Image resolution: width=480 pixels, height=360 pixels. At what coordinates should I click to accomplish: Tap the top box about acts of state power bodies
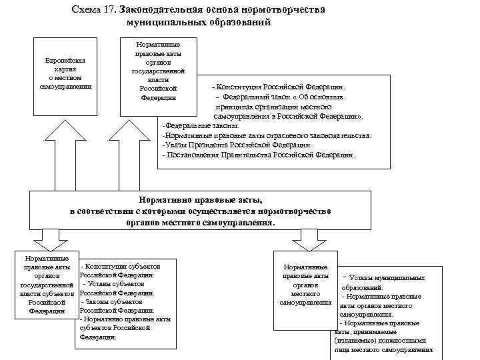tap(158, 71)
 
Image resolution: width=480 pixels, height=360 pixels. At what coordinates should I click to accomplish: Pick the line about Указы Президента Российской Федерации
tap(237, 145)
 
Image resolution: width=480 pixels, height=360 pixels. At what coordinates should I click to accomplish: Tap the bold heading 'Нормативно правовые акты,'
tap(200, 199)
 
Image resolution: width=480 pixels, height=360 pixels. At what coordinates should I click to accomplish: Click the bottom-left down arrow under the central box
tap(51, 237)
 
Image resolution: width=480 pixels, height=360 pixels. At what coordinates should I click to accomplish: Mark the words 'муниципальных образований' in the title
tap(198, 22)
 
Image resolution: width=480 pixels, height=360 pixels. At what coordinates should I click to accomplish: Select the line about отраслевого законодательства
tap(267, 135)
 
